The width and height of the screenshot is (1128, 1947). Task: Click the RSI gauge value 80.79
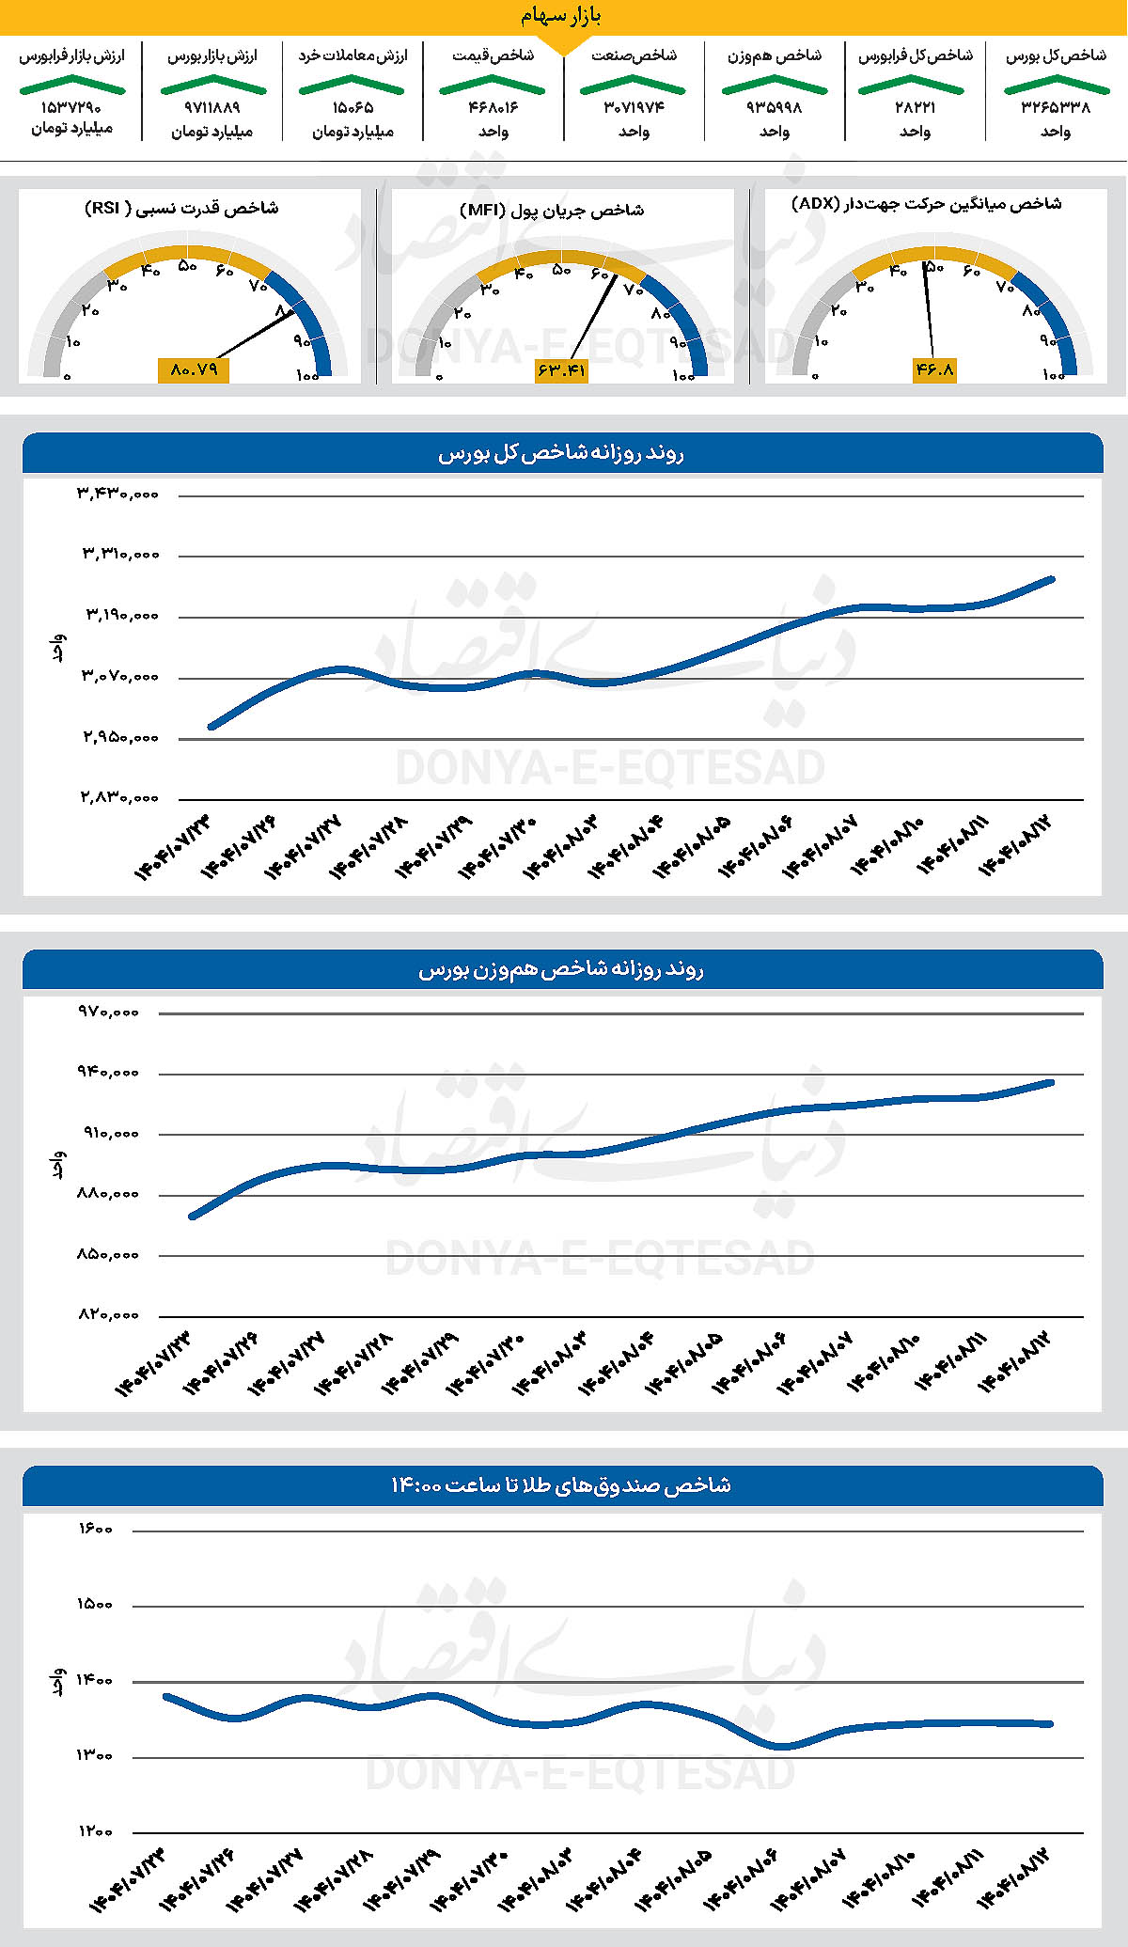(x=194, y=369)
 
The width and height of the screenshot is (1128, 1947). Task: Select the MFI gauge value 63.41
(x=561, y=370)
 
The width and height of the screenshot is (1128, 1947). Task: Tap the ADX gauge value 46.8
(x=934, y=369)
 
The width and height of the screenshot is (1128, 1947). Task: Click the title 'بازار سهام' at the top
(x=561, y=16)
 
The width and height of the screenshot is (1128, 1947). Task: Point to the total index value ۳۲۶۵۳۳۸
(x=1056, y=107)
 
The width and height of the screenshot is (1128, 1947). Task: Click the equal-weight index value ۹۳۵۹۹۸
(x=774, y=107)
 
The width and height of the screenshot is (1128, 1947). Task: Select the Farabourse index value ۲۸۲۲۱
(x=915, y=107)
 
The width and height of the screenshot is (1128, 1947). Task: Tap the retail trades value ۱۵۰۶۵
(x=352, y=107)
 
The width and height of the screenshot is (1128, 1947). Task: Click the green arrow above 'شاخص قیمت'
(x=493, y=85)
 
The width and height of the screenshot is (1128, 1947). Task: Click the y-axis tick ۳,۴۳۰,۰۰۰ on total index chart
(x=118, y=493)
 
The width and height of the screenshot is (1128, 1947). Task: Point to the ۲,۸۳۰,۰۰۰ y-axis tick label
(x=118, y=797)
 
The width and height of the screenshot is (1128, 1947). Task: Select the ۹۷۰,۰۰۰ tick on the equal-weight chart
(x=109, y=1012)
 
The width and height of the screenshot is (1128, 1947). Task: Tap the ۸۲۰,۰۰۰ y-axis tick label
(x=109, y=1314)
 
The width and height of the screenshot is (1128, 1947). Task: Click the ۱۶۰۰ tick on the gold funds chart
(x=95, y=1530)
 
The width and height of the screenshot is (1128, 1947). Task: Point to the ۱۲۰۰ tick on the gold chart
(x=95, y=1830)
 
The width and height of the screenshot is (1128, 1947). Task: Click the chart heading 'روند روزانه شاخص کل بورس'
(x=561, y=453)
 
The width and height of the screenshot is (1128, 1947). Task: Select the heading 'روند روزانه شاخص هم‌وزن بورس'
(x=561, y=969)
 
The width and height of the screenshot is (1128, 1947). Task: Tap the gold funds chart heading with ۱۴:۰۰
(x=561, y=1485)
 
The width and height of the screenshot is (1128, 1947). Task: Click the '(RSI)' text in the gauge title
(x=103, y=208)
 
